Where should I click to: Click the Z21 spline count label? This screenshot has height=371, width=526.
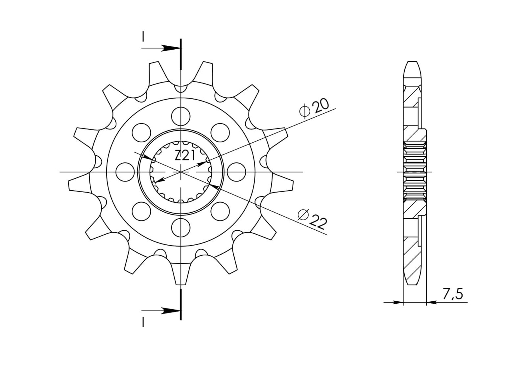tap(185, 155)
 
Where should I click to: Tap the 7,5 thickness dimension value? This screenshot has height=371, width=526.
tap(452, 294)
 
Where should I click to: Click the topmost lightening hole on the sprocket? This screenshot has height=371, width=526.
tap(180, 116)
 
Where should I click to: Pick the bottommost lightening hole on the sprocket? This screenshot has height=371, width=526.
tap(180, 227)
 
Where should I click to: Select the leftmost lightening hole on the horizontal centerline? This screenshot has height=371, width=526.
tap(125, 172)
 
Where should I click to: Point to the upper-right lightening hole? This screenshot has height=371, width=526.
tap(220, 132)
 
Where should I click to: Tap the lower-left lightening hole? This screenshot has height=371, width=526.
tap(141, 211)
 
